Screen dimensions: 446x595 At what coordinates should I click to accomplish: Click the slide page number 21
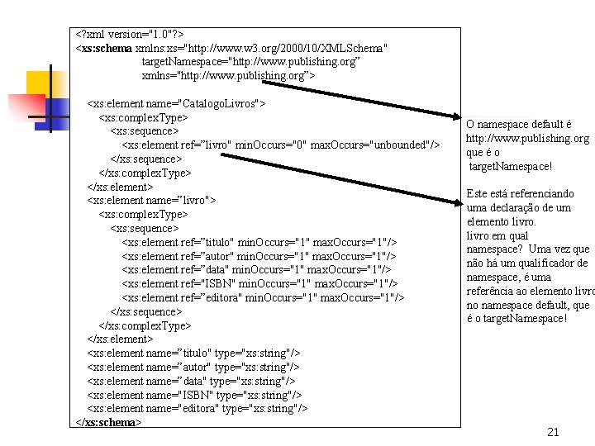553,432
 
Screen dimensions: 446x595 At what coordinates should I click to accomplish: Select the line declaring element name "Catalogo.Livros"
177,104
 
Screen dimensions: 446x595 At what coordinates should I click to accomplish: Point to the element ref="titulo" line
259,242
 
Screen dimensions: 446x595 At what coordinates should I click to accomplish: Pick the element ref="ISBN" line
259,283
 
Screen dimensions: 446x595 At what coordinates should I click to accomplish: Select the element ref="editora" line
263,297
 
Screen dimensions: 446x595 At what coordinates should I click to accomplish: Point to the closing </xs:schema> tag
108,422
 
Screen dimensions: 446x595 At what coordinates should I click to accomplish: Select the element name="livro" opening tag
152,200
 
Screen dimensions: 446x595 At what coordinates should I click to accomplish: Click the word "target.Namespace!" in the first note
510,166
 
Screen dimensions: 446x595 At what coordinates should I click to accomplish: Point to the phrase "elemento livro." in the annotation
502,221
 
